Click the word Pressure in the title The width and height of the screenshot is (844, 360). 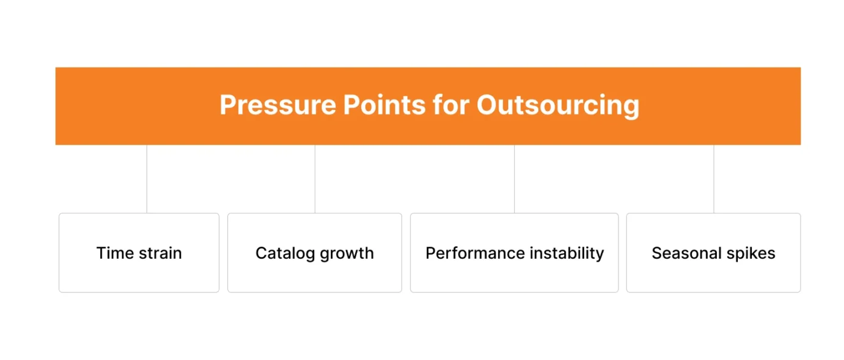pos(277,106)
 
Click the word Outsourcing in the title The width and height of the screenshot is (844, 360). pos(558,106)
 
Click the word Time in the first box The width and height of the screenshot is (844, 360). pos(115,253)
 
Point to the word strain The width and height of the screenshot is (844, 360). pos(160,253)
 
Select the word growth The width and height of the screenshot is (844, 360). pos(347,253)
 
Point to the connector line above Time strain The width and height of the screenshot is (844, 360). pos(147,178)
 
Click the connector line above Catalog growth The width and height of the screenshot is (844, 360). pos(315,178)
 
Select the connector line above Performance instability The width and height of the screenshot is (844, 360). pos(514,178)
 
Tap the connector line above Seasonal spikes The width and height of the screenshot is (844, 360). pos(714,178)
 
